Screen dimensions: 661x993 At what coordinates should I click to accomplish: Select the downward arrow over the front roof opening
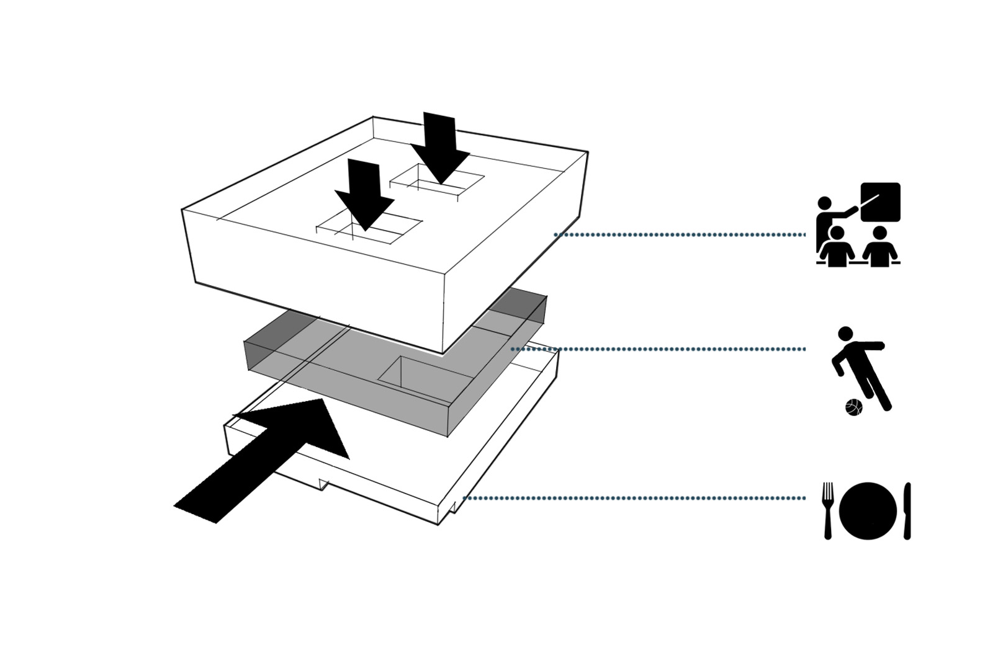click(364, 192)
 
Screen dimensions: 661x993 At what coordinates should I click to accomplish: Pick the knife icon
click(907, 510)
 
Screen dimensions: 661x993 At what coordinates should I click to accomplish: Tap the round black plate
click(868, 510)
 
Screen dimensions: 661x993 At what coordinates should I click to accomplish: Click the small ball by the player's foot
click(854, 407)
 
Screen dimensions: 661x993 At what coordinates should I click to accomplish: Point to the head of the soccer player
click(845, 334)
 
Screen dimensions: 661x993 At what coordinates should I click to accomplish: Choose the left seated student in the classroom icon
click(837, 248)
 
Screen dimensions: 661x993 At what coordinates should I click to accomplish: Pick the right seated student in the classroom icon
click(879, 248)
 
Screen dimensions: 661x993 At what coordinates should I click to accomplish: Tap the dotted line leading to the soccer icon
click(658, 349)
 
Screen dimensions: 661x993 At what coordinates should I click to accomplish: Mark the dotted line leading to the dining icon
click(633, 498)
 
